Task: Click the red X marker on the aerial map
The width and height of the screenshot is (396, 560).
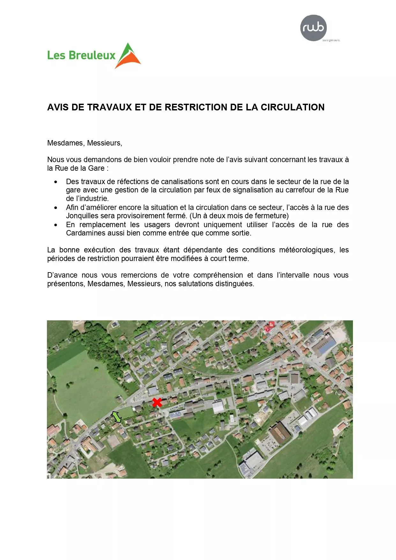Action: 157,402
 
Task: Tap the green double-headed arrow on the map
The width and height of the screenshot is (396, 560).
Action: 116,417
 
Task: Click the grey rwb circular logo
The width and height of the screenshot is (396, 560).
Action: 313,28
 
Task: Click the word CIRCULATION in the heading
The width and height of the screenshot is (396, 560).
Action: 293,107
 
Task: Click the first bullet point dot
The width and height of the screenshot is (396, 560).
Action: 56,182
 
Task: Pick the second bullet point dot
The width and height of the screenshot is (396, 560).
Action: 56,208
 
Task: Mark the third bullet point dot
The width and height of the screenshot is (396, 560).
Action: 56,225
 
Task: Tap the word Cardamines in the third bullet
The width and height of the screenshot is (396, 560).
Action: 84,233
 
